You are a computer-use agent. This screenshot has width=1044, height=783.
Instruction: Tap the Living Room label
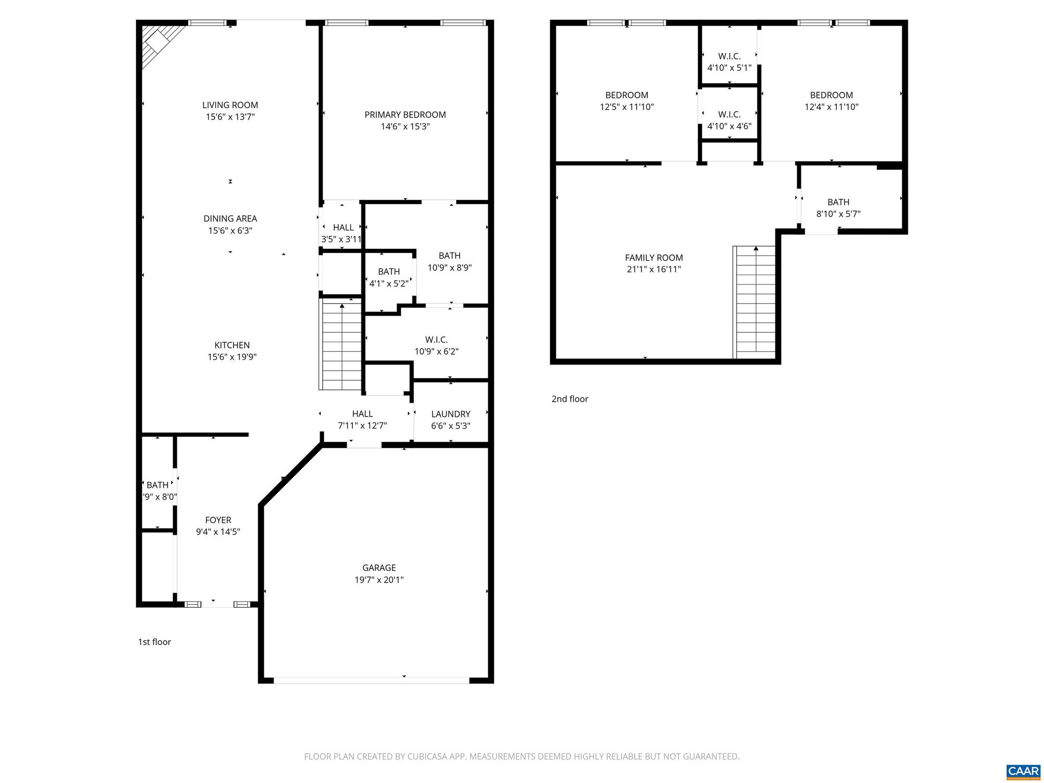230,105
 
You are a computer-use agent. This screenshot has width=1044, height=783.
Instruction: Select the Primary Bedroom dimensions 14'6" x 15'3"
405,126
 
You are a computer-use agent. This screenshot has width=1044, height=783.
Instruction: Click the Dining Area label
230,219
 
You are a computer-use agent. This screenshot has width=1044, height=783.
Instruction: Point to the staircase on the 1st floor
341,347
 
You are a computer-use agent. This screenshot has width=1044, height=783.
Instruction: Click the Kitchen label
231,345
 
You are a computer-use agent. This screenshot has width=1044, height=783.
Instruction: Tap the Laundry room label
451,414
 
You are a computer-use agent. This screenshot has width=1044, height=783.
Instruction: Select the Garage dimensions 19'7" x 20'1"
379,580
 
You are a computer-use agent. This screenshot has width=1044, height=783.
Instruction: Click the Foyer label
218,520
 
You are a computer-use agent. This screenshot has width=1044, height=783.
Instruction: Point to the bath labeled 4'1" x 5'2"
388,278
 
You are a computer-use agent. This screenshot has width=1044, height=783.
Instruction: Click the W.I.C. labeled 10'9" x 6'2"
436,345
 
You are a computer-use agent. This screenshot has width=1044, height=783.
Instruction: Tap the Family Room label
654,258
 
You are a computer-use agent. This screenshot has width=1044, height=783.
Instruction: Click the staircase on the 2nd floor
755,304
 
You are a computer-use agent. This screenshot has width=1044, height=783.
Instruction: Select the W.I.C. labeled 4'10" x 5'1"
729,62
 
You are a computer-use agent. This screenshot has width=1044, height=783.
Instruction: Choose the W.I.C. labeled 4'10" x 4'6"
729,120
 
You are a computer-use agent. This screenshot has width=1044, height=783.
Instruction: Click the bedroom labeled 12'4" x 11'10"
831,101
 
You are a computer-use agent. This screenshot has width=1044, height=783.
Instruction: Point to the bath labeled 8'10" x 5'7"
838,208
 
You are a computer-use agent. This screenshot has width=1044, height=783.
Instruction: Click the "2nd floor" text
569,399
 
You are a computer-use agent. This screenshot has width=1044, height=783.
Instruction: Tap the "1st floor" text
154,642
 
